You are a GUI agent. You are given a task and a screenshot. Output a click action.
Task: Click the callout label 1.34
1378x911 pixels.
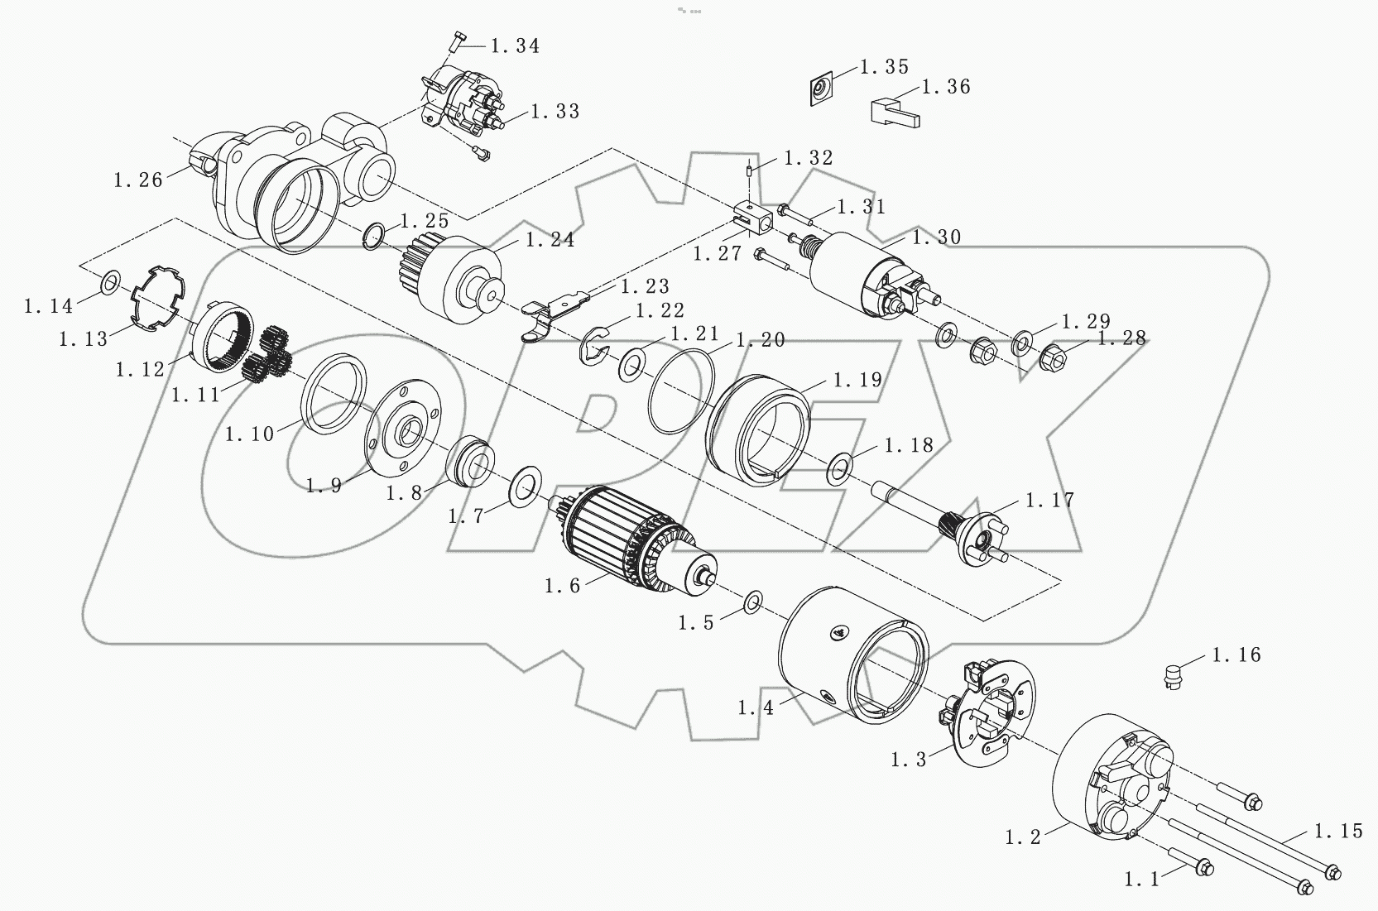click(515, 46)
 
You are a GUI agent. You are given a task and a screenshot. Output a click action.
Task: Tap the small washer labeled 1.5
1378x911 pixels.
click(753, 602)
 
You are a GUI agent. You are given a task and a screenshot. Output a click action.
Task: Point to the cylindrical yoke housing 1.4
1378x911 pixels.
click(852, 654)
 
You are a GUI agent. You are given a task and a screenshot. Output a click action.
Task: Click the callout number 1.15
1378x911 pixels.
click(1338, 831)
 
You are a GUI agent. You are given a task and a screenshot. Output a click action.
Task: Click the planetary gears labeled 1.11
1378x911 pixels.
click(269, 356)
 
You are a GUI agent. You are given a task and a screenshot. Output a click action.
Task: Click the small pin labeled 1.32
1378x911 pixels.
click(749, 170)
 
